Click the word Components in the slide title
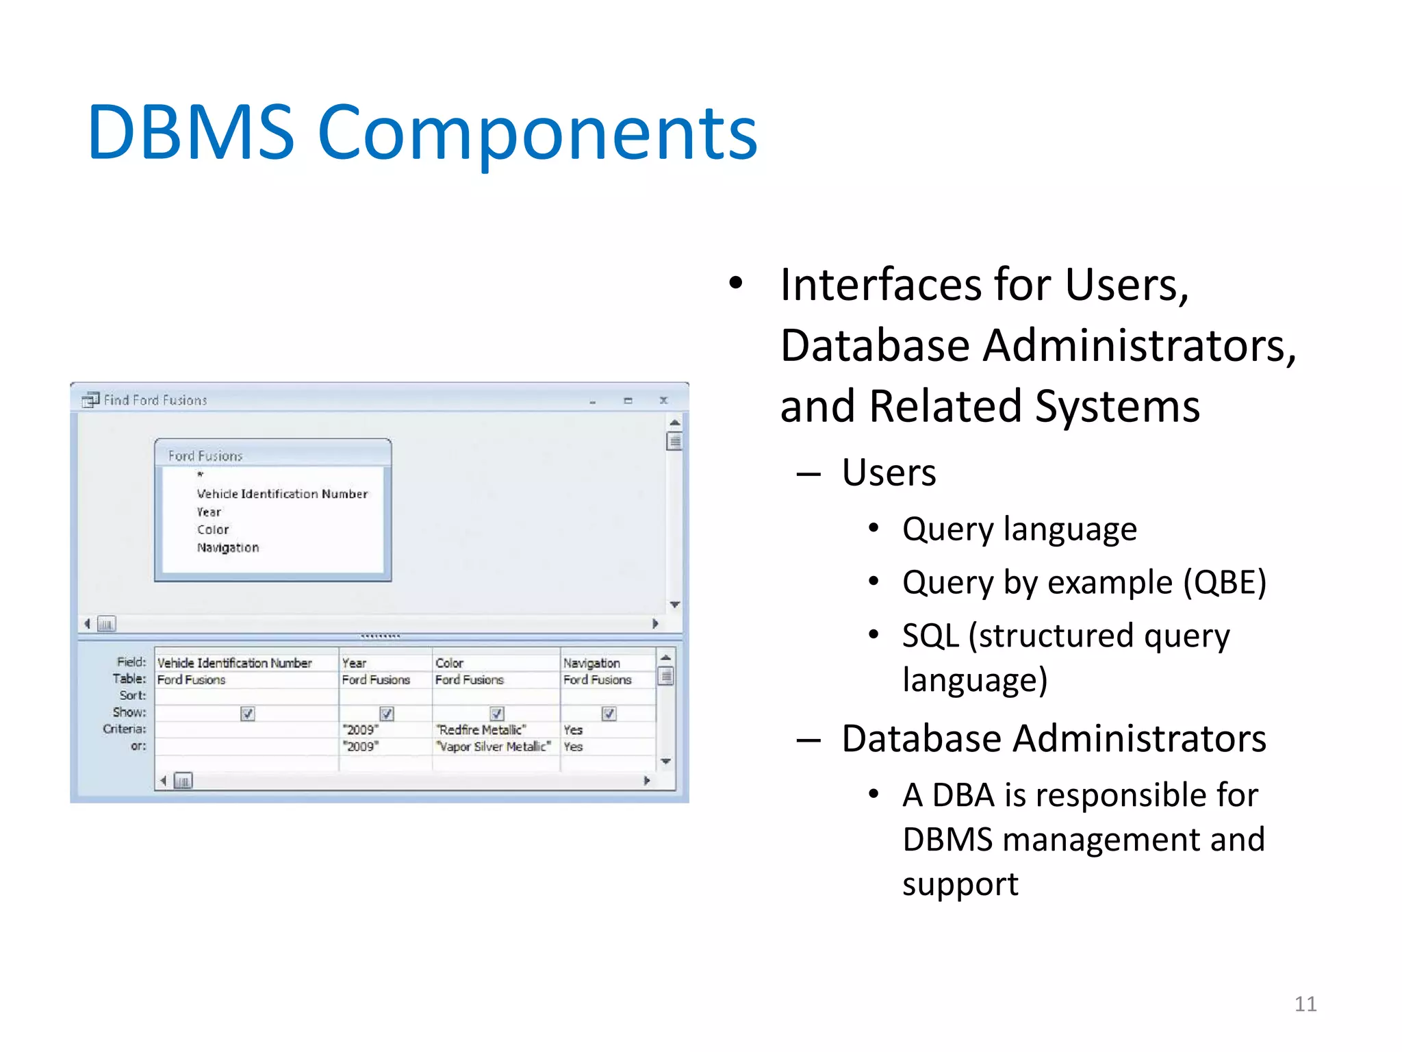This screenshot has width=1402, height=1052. (x=537, y=134)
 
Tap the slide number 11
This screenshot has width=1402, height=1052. (x=1305, y=1004)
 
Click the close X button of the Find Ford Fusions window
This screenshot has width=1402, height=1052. (x=663, y=401)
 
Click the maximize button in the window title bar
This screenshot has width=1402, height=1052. (x=628, y=401)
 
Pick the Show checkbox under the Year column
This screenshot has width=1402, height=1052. (x=387, y=714)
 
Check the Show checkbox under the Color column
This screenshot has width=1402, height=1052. (x=497, y=714)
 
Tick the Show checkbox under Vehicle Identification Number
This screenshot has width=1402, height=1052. (x=248, y=714)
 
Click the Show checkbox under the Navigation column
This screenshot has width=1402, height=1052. (x=609, y=714)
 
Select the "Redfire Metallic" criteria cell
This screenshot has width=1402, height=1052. (x=482, y=730)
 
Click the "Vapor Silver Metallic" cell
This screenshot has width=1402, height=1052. (x=494, y=747)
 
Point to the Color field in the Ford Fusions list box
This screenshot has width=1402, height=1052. (x=213, y=530)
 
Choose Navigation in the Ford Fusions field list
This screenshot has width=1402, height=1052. (x=228, y=548)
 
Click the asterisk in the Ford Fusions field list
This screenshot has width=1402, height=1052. (x=201, y=475)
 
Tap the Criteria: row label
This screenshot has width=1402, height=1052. (x=125, y=729)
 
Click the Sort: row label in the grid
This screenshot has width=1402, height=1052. (x=133, y=696)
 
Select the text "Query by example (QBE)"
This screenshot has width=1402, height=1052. (x=1084, y=583)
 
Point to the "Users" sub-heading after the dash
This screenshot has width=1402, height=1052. (x=889, y=473)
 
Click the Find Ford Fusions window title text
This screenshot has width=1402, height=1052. (x=155, y=401)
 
